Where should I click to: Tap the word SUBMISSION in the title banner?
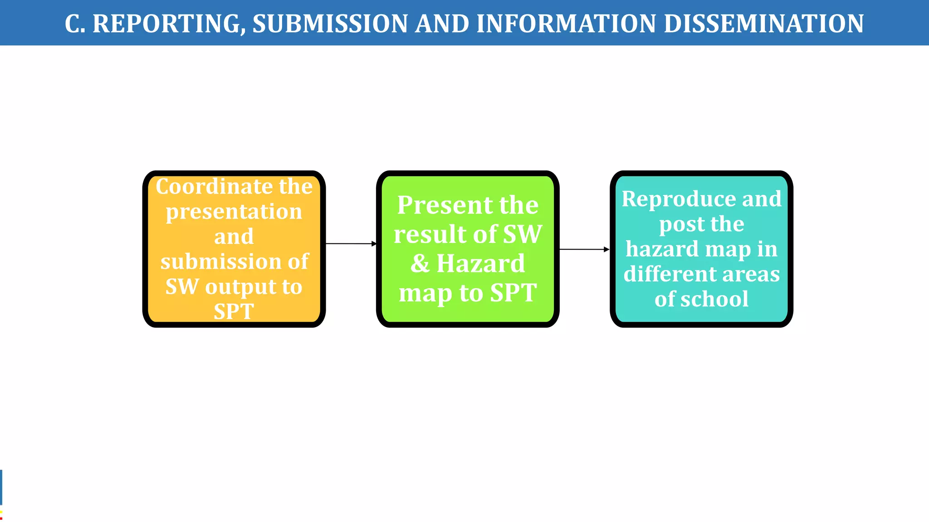click(x=330, y=24)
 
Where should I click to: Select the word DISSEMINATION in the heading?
click(x=763, y=24)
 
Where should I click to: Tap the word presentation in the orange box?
click(x=234, y=212)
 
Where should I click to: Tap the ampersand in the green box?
click(x=420, y=263)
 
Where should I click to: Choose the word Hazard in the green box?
click(x=480, y=263)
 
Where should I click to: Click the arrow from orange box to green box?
click(x=351, y=244)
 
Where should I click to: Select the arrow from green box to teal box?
click(x=584, y=249)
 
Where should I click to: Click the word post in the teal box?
click(x=678, y=224)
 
